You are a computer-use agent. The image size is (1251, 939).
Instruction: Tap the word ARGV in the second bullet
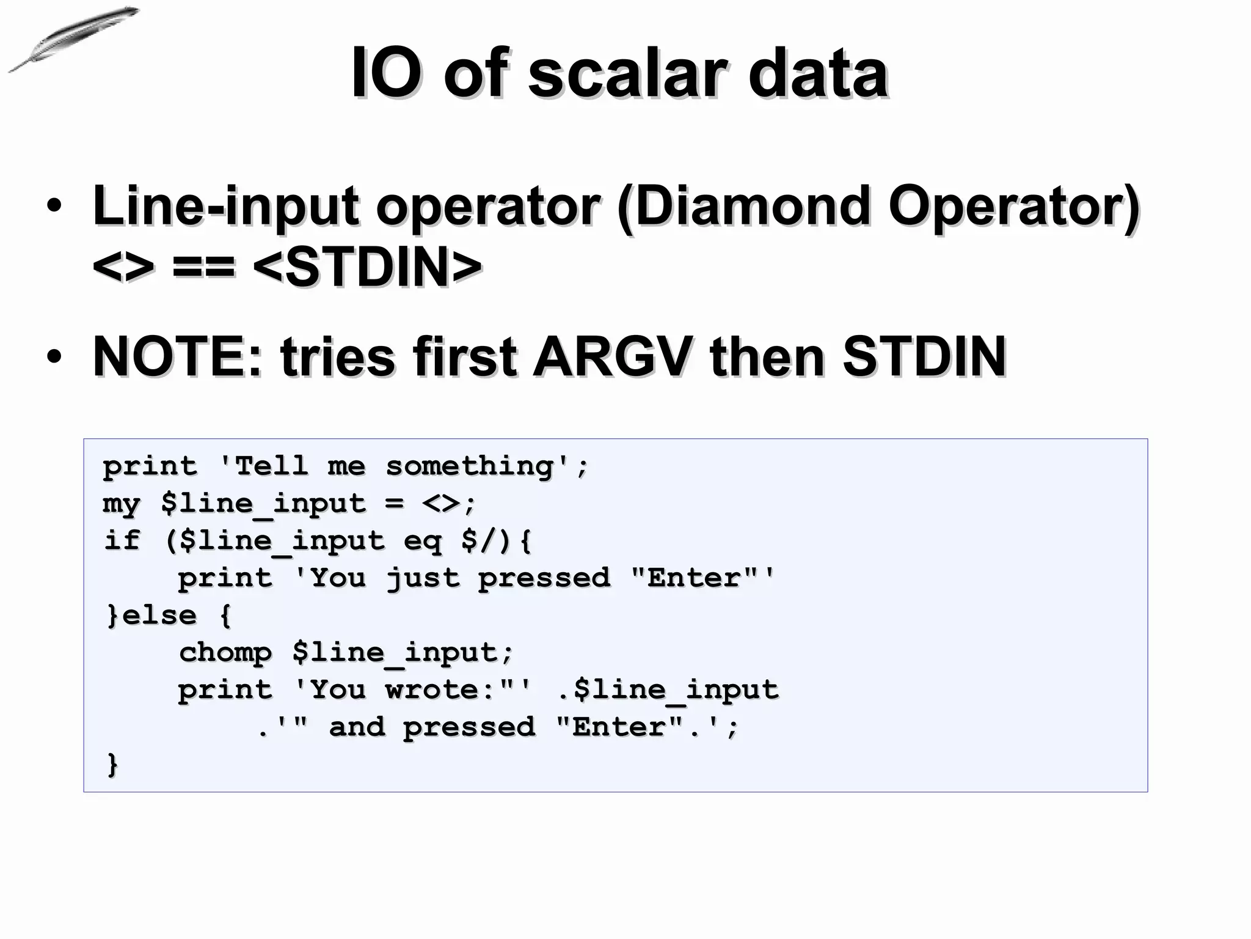[x=613, y=357]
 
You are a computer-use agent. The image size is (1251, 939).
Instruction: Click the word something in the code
[x=469, y=466]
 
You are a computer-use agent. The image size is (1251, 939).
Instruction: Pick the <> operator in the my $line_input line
[x=440, y=504]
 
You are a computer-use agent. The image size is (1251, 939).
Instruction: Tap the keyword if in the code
[x=122, y=541]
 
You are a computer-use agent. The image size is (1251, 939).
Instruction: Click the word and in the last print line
[x=357, y=727]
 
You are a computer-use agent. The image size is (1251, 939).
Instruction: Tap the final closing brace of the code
[x=112, y=765]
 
